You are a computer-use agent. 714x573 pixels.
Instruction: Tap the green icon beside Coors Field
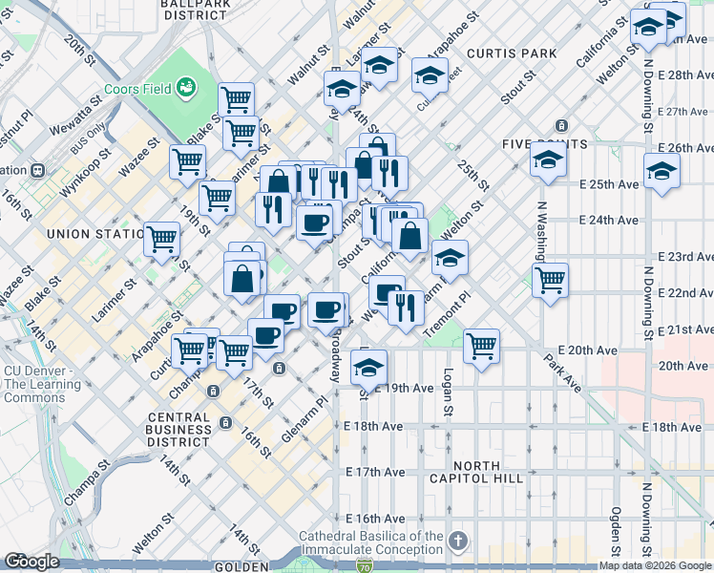(x=186, y=89)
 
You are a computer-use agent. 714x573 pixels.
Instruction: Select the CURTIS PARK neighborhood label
(x=511, y=53)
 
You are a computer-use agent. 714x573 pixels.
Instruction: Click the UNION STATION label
(x=92, y=233)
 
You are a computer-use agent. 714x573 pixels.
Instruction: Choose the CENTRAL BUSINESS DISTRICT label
(x=179, y=430)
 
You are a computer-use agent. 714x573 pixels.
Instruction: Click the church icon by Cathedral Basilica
(x=458, y=541)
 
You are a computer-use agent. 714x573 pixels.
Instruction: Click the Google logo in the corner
(x=31, y=562)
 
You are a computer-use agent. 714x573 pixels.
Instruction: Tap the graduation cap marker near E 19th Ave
(x=368, y=365)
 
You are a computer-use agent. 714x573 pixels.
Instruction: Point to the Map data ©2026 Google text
(x=655, y=565)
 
